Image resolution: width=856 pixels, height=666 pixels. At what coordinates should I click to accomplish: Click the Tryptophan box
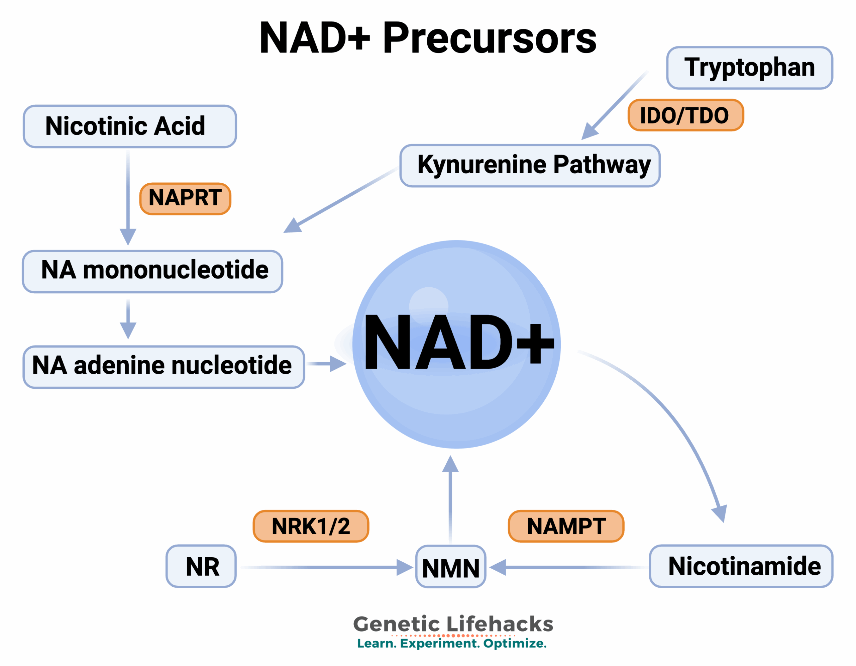749,68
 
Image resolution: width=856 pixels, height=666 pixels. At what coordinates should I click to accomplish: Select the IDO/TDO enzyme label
685,115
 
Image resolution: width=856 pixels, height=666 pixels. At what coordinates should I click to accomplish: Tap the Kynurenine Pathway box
530,166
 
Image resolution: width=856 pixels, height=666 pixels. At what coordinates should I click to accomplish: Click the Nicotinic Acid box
130,126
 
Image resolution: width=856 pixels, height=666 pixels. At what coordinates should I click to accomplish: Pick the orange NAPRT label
185,198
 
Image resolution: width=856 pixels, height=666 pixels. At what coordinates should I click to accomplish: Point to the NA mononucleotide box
152,271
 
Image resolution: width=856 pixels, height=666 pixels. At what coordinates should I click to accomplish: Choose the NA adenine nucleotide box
164,367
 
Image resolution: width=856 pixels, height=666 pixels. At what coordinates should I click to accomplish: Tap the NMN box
450,566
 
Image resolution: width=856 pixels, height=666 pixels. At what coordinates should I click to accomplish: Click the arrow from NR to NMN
325,567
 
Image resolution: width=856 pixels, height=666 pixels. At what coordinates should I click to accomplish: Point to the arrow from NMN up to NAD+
450,502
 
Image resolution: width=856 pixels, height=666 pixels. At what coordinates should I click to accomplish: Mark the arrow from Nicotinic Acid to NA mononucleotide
128,196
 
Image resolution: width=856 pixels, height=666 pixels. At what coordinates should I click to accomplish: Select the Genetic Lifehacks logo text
453,624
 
